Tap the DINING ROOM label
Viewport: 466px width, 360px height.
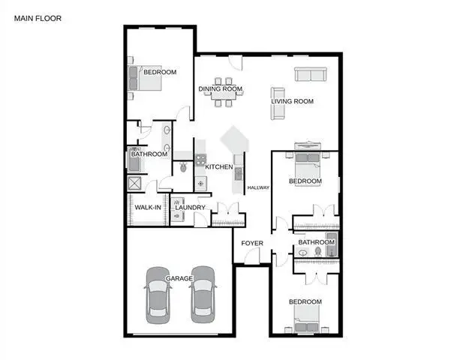(x=221, y=88)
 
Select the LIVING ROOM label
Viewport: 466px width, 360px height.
(x=292, y=100)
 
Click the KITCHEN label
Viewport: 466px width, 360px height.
(x=219, y=166)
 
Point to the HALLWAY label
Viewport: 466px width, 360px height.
(x=258, y=187)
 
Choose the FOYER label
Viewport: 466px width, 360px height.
(x=251, y=243)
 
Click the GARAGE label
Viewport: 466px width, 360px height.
(x=180, y=278)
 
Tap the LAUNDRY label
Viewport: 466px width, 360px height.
(x=191, y=207)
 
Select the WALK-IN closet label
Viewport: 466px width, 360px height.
(x=148, y=207)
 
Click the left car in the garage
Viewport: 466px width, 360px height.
(x=158, y=294)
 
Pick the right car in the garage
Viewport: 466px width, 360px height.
(x=203, y=294)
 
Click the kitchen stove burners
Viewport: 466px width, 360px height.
(x=200, y=158)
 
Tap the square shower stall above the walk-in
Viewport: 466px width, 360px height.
(x=136, y=184)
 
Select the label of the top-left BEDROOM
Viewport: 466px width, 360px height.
(x=160, y=72)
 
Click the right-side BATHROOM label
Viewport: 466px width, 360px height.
(x=316, y=242)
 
